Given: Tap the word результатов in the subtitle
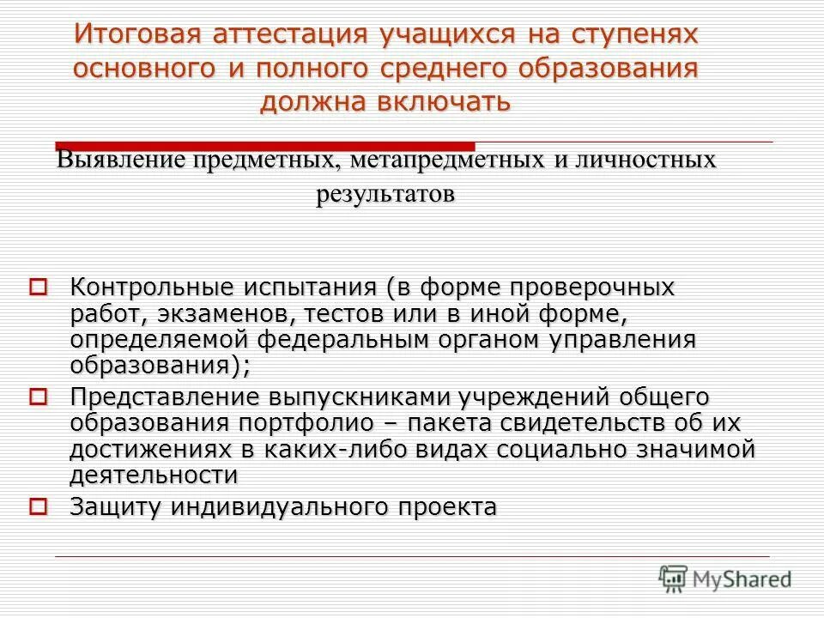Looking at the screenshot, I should (385, 194).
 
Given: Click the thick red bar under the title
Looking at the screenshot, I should (264, 145).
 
